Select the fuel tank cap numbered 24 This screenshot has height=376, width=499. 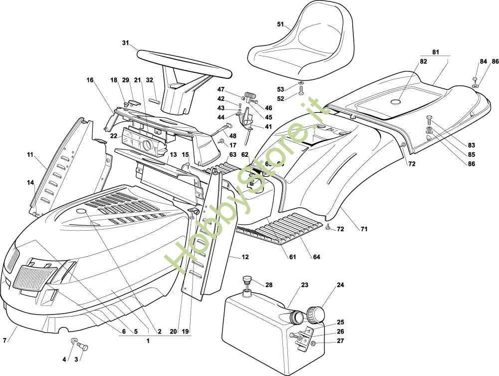point(315,314)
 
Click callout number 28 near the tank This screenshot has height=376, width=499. point(269,285)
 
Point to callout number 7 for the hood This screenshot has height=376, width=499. point(5,341)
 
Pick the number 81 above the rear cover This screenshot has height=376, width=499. point(436,51)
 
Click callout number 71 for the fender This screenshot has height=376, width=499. point(364,229)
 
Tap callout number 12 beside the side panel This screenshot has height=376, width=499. point(245,257)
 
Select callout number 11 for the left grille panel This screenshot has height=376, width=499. point(30,155)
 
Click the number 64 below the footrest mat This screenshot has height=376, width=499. point(316,257)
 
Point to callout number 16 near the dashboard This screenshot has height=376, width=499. point(90,80)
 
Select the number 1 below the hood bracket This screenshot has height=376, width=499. point(148,341)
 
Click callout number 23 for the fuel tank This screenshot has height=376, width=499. point(304,285)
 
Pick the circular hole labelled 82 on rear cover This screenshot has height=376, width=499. point(396,102)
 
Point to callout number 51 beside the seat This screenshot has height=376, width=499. point(280,24)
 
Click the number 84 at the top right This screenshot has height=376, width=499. point(483,61)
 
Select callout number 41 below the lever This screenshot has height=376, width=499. point(268,127)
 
